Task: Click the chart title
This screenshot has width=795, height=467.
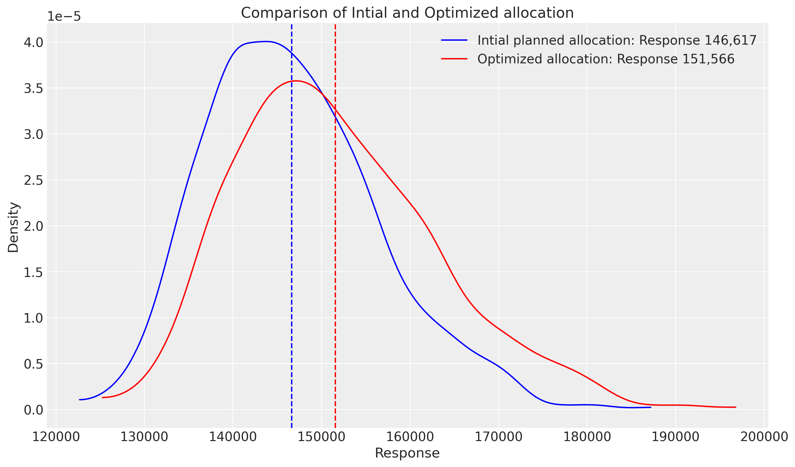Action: (407, 13)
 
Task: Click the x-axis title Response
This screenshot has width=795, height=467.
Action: (407, 453)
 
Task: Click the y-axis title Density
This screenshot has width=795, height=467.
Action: (13, 227)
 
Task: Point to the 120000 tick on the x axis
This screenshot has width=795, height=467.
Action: (56, 437)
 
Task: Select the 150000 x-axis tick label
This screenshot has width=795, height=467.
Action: (322, 437)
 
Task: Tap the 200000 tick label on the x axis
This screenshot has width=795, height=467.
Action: (764, 437)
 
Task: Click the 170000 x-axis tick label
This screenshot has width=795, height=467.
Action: (498, 437)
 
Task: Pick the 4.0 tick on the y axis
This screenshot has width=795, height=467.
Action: (33, 43)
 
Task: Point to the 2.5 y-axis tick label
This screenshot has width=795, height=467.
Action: (33, 180)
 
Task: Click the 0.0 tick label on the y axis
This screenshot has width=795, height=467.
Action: (33, 410)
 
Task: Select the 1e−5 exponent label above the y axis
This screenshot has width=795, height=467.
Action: (64, 16)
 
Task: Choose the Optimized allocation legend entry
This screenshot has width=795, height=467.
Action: (587, 59)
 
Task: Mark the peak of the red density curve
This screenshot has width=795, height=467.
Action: (296, 81)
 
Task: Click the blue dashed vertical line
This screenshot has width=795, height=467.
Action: (292, 230)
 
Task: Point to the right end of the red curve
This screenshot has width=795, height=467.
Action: (736, 407)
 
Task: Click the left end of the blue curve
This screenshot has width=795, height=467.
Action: (80, 400)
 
